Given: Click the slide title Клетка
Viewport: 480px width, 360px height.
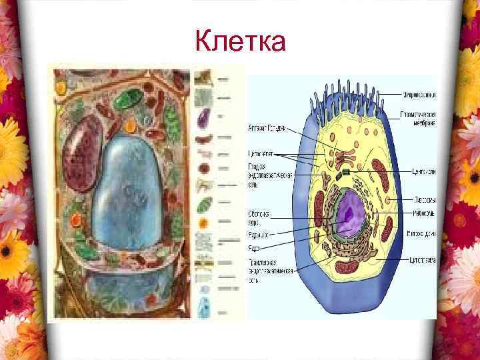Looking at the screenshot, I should tap(241, 41).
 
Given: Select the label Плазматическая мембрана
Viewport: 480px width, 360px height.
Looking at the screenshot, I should tap(419, 119).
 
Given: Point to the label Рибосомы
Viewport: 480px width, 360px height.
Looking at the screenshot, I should tap(421, 213).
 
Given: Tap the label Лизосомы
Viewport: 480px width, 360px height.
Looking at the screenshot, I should tap(421, 199).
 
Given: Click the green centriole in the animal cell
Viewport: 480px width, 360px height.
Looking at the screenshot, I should tap(347, 173).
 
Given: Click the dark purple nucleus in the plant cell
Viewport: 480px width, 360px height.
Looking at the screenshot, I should tap(83, 152).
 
